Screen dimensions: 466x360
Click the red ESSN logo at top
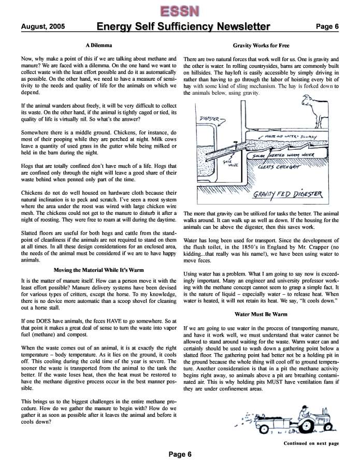click(180, 10)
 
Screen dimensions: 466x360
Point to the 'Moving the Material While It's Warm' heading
click(98, 269)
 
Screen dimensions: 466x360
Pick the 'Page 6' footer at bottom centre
click(180, 454)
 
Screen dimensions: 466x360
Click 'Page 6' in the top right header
click(328, 26)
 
